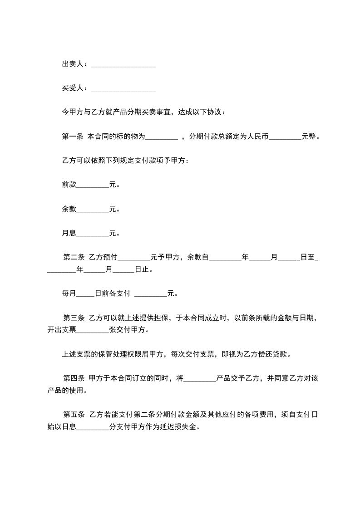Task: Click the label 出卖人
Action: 73,64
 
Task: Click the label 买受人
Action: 73,88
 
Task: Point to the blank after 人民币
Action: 285,137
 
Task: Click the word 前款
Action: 69,185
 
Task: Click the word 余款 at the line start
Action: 69,209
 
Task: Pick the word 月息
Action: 69,233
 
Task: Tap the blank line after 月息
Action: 93,235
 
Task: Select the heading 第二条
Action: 74,257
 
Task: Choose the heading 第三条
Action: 74,318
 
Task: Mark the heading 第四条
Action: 74,378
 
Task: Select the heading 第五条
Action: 74,414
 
